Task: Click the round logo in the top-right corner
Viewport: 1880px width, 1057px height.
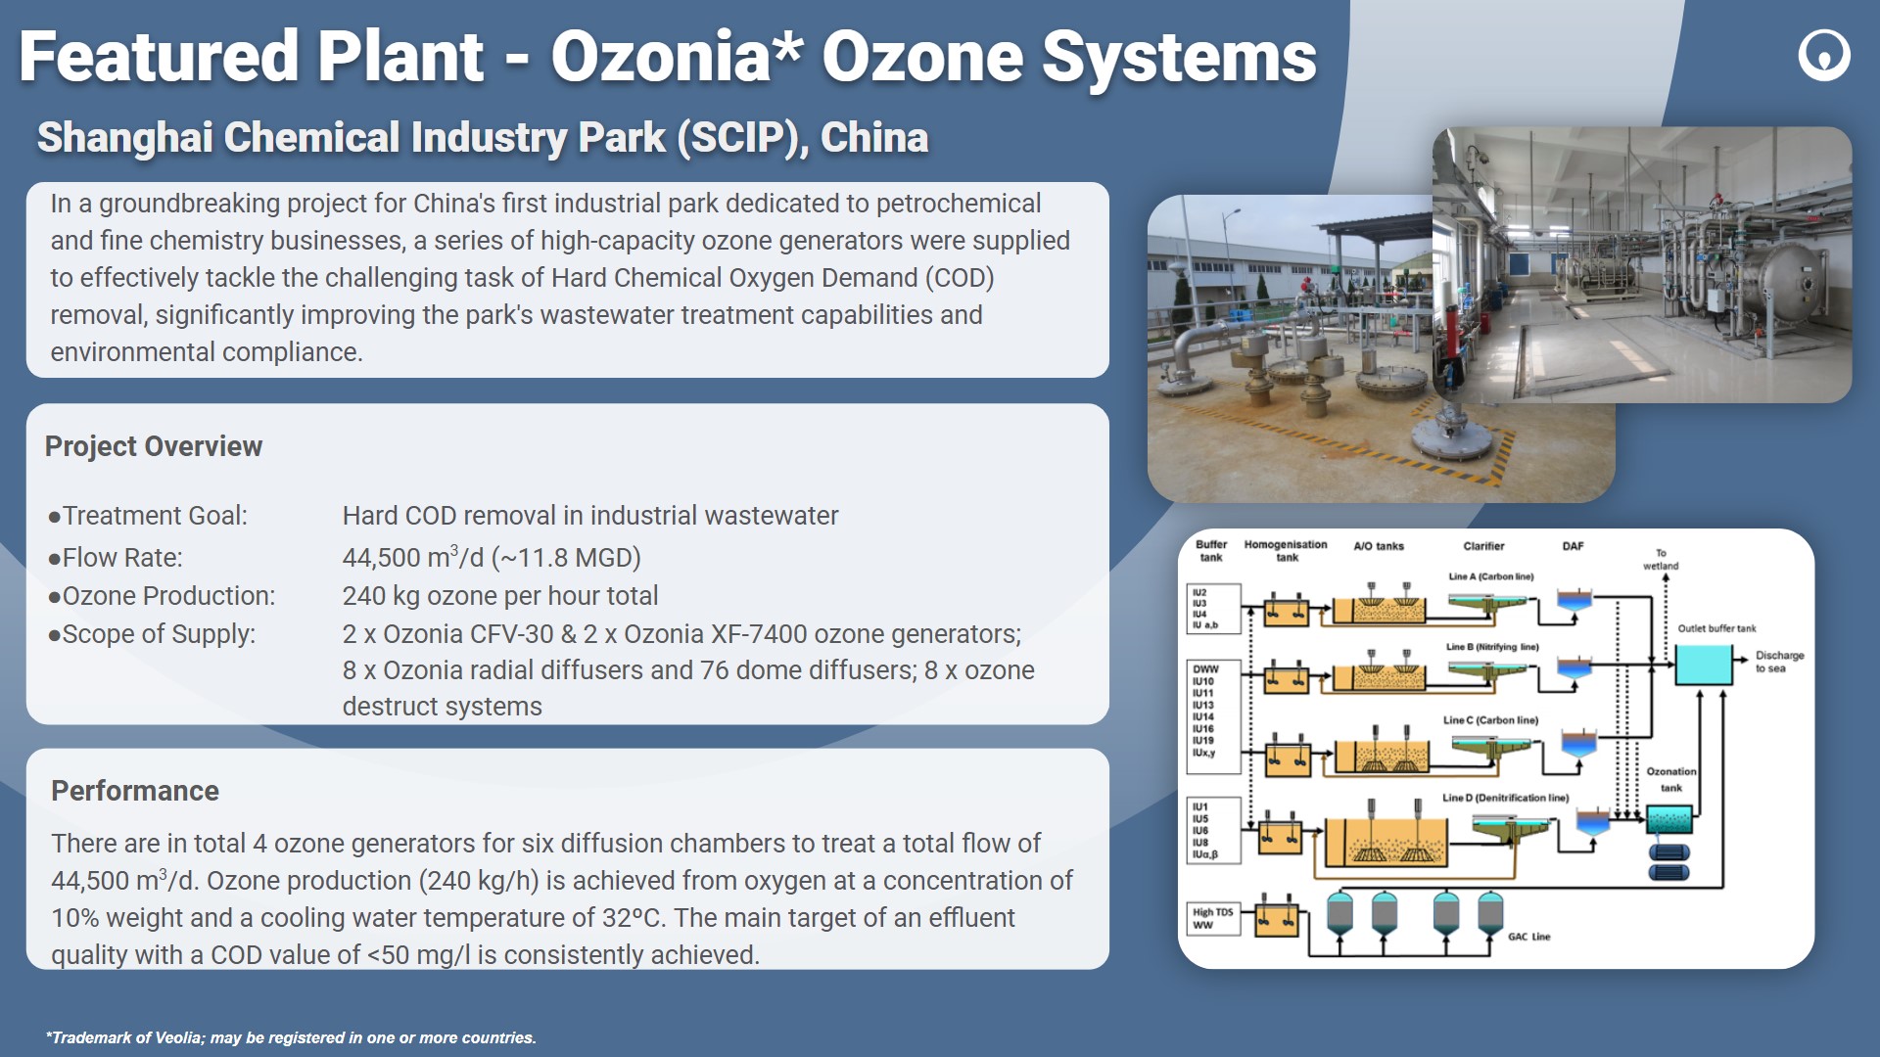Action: pos(1824,54)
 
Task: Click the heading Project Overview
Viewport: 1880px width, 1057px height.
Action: pos(154,446)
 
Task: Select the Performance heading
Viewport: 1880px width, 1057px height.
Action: pos(135,791)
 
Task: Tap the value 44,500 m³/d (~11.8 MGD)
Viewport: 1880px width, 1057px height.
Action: pos(492,557)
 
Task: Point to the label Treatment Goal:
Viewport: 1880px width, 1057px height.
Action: pos(148,516)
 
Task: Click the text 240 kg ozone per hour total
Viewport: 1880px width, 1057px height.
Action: pos(500,596)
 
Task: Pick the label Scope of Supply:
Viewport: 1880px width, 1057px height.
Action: pos(152,634)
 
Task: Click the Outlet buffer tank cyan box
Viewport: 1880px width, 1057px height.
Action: pos(1704,665)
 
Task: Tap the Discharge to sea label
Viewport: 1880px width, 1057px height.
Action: pos(1779,662)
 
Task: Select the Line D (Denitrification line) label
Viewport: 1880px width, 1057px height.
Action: pos(1505,798)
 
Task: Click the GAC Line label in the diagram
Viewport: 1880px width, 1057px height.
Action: pos(1528,937)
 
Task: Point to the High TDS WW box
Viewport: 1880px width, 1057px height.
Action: pos(1213,919)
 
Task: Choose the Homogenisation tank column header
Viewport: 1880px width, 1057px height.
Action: pos(1286,551)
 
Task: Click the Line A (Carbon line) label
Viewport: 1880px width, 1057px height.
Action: pos(1491,576)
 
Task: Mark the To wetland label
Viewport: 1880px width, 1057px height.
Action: pos(1661,560)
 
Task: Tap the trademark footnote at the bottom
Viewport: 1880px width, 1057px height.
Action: pos(291,1037)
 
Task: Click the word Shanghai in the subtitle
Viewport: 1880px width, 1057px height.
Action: pos(124,137)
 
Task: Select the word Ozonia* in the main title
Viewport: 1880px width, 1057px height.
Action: pos(677,56)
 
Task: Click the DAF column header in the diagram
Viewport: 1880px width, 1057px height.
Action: pos(1573,546)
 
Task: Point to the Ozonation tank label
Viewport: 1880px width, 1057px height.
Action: pos(1671,779)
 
